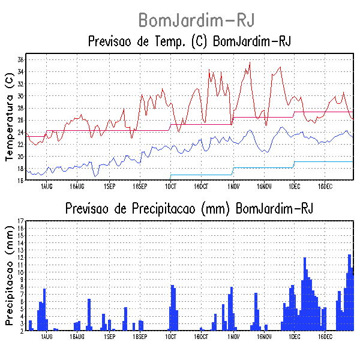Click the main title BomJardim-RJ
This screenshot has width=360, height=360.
196,20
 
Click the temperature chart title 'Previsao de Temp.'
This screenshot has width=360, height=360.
190,42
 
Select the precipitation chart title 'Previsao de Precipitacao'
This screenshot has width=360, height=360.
190,208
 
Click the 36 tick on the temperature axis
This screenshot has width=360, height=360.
20,60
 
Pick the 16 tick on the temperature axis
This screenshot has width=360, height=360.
20,180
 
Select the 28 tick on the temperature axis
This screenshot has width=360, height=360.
20,108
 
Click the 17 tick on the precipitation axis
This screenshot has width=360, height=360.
20,221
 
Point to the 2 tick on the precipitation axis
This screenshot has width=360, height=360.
21,331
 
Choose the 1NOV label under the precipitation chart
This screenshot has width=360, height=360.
233,337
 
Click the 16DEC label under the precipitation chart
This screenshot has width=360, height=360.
325,337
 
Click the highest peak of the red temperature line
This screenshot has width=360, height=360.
250,62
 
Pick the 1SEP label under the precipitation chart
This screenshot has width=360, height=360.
109,337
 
